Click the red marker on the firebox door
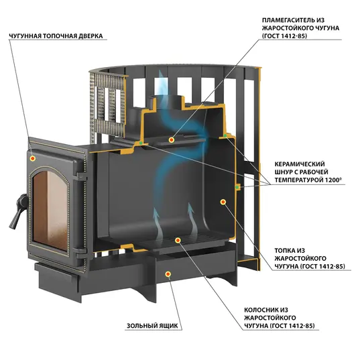(x=33, y=158)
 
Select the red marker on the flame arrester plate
(x=171, y=139)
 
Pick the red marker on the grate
(x=178, y=240)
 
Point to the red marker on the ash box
(x=168, y=274)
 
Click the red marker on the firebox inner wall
(x=223, y=202)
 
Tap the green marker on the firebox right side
(x=237, y=187)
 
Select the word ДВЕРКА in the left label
(x=91, y=36)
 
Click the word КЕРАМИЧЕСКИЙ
(x=300, y=164)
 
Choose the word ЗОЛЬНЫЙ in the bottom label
(x=139, y=326)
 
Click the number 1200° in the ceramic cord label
(x=333, y=180)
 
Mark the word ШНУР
(x=284, y=172)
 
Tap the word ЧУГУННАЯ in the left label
(x=25, y=36)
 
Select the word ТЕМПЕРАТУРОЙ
(x=299, y=180)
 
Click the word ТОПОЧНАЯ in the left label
(x=60, y=36)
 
